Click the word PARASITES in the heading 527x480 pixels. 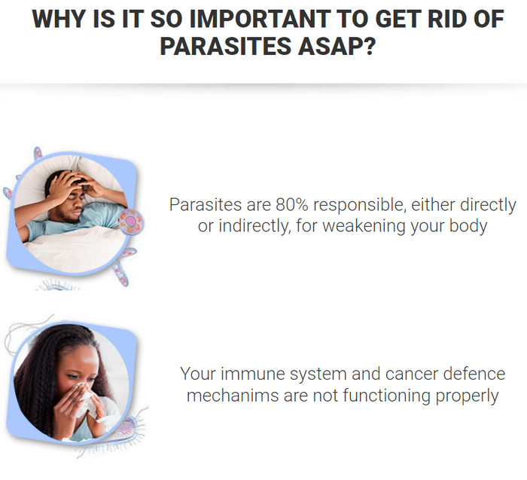[x=226, y=46]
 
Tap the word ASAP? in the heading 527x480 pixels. [x=337, y=46]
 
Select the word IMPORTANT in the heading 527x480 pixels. [x=260, y=19]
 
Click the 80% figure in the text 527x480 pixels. [x=292, y=204]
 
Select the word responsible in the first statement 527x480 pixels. [x=359, y=206]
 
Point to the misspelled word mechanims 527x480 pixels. [x=233, y=396]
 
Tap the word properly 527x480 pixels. [x=467, y=396]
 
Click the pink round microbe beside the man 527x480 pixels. [x=132, y=222]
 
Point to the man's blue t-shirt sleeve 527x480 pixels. [x=35, y=229]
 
